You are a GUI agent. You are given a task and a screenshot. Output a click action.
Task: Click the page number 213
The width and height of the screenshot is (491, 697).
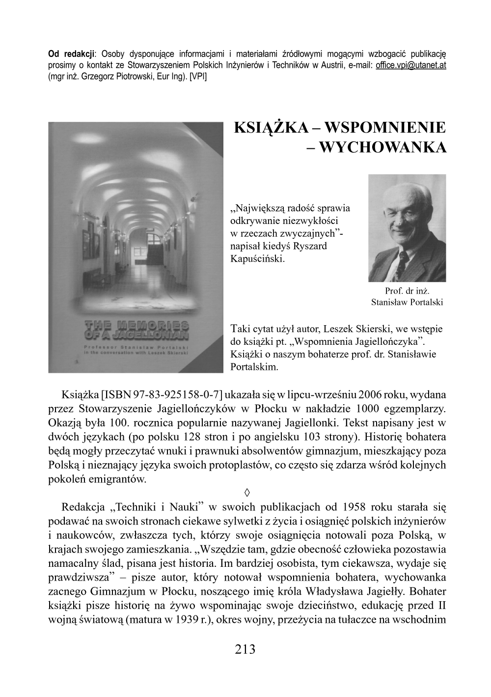tap(245, 649)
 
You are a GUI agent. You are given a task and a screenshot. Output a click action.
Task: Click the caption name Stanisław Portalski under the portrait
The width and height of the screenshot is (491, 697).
tap(407, 302)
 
